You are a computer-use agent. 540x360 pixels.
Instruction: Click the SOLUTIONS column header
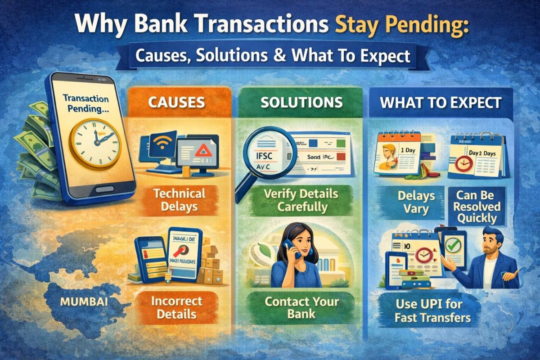(x=301, y=103)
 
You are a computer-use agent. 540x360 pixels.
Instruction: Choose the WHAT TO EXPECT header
(x=440, y=103)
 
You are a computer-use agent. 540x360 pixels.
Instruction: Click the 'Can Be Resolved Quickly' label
(x=478, y=207)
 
